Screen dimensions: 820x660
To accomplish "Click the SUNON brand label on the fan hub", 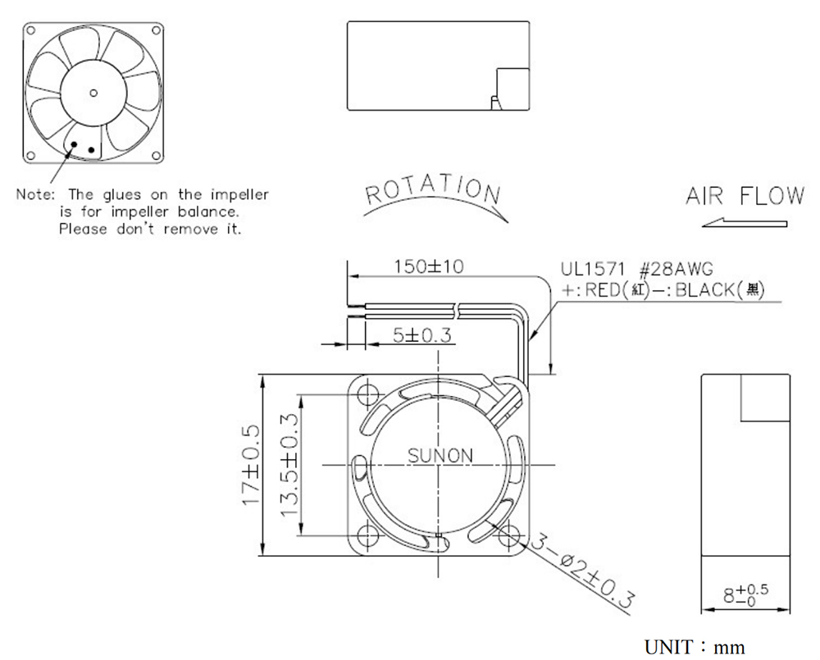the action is point(440,456).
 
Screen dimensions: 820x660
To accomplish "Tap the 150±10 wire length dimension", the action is point(429,266).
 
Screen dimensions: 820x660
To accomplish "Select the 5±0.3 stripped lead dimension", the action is point(422,335).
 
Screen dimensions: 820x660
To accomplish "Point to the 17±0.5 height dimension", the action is point(251,465).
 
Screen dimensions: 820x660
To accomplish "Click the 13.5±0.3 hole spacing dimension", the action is point(289,465).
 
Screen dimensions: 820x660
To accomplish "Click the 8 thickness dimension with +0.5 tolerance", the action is point(745,595).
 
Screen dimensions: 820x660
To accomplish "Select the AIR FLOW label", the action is point(745,196).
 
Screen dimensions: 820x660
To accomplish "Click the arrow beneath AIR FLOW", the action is point(745,222).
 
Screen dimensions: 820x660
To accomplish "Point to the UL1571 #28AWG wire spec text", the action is point(636,269).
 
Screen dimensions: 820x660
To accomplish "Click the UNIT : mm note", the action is point(695,647).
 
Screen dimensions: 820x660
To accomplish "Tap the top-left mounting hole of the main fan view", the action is point(368,392).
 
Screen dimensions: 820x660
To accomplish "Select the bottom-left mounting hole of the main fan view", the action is point(368,535).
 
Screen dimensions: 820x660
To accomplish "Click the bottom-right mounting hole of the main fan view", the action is point(508,535).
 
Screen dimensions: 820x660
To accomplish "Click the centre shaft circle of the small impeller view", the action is point(93,93).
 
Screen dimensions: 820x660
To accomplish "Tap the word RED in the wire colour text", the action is point(603,289).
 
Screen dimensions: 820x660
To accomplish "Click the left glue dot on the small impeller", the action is point(75,143).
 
